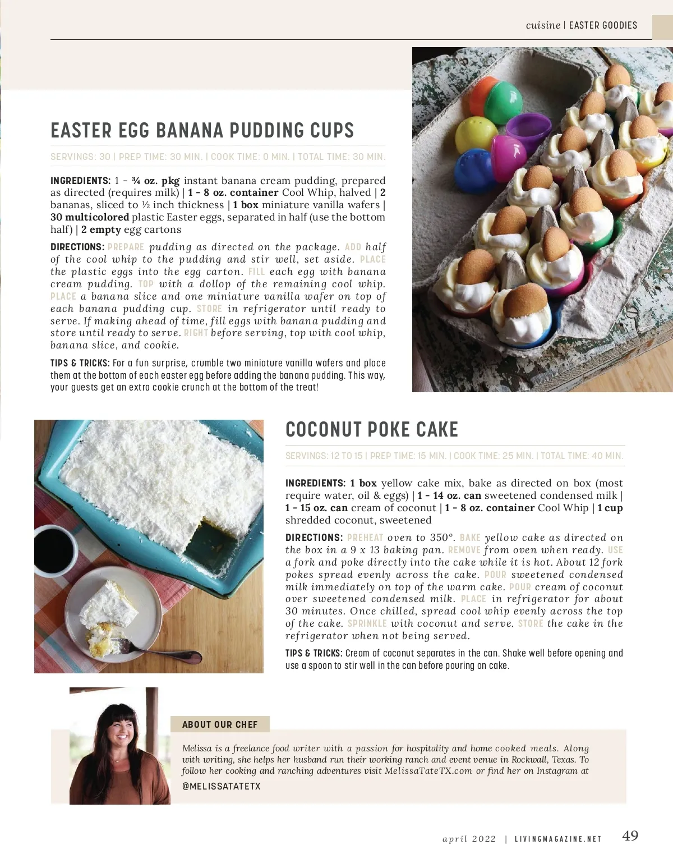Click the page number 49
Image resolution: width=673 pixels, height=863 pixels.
tap(630, 836)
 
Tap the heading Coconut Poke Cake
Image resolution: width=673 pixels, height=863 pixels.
tap(371, 430)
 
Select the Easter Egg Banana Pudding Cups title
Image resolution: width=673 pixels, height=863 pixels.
tap(202, 131)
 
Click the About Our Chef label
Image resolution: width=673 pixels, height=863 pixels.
tap(220, 724)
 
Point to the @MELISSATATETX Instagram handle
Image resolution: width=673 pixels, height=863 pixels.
tap(222, 786)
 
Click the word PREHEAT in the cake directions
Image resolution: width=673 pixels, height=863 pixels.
tap(365, 538)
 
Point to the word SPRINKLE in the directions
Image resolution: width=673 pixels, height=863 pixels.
tap(367, 623)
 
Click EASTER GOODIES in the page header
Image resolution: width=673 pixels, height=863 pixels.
tap(603, 25)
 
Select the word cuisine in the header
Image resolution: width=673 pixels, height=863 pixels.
tap(543, 25)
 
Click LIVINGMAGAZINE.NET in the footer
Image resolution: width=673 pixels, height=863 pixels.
tap(558, 839)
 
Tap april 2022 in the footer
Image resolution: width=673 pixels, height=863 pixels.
tap(469, 839)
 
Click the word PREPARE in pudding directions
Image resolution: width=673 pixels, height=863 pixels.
tap(126, 247)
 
